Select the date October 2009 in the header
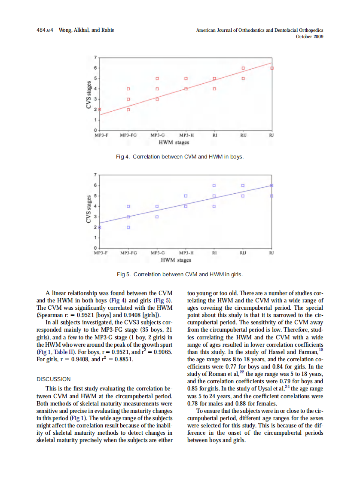tap(310, 37)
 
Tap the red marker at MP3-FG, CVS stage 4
tap(128, 89)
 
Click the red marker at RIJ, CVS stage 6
tap(243, 68)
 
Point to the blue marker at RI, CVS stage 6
tap(214, 186)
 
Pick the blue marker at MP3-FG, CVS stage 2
tap(128, 227)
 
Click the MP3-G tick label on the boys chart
tap(157, 135)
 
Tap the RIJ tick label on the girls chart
tap(243, 253)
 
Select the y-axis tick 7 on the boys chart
tap(96, 58)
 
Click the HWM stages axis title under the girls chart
tap(176, 260)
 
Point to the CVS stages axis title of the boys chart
tap(89, 95)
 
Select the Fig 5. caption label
tap(124, 274)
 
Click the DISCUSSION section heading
tap(54, 379)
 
